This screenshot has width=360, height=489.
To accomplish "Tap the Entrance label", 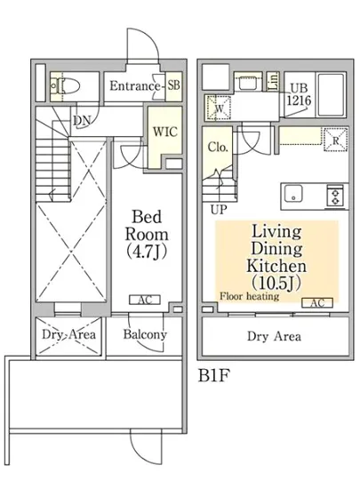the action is (x=134, y=85).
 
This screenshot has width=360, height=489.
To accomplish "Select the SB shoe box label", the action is (x=173, y=84).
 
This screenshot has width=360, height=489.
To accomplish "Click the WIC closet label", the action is (x=164, y=132).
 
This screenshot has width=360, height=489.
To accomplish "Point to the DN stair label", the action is (x=82, y=121).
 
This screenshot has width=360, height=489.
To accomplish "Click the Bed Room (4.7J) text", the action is (x=147, y=234).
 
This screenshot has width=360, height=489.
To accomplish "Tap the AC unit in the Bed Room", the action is (x=145, y=300).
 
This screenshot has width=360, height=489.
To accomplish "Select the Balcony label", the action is (x=145, y=334).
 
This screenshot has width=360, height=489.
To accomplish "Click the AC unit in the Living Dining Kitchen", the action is (x=317, y=303).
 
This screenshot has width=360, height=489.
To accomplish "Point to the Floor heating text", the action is (x=250, y=296).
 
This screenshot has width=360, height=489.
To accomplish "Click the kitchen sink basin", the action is (x=292, y=194).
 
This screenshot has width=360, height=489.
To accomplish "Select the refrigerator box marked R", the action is (x=335, y=140).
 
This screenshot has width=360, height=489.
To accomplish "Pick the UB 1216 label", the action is (x=299, y=95).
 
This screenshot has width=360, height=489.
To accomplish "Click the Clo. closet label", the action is (x=218, y=148).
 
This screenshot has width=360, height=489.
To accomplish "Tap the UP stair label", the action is (x=219, y=210).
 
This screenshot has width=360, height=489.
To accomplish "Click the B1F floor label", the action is (x=214, y=375).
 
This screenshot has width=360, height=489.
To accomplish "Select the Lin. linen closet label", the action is (x=274, y=82).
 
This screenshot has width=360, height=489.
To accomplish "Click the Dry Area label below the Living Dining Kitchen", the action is (x=274, y=336).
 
